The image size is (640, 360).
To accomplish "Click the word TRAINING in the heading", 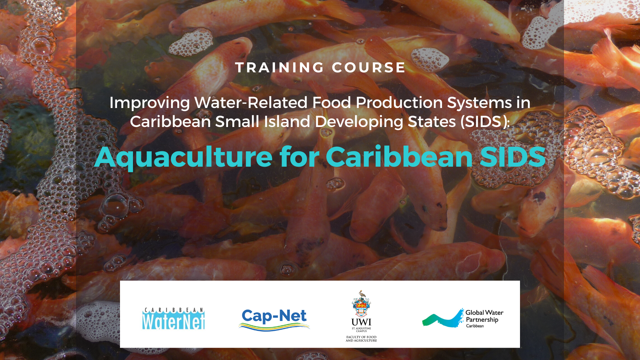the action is pyautogui.click(x=279, y=68).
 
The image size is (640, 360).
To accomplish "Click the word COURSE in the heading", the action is pyautogui.click(x=368, y=68).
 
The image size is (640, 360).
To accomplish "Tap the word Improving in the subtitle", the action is pyautogui.click(x=150, y=103).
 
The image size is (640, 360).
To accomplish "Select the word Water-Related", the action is pyautogui.click(x=251, y=102).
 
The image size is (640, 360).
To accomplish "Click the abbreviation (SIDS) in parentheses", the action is pyautogui.click(x=485, y=122).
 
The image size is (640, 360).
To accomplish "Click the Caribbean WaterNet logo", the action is pyautogui.click(x=173, y=319).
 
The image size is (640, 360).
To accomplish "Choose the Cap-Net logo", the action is pyautogui.click(x=274, y=319).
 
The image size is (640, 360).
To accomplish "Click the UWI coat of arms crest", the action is pyautogui.click(x=361, y=304).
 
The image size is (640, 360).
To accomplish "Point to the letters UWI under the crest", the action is pyautogui.click(x=361, y=322).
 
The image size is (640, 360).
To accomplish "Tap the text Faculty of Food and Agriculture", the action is pyautogui.click(x=361, y=339).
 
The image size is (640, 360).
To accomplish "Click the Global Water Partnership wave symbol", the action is pyautogui.click(x=443, y=318).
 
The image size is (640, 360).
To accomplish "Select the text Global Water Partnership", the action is pyautogui.click(x=484, y=316).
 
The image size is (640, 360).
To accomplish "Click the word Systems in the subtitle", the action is pyautogui.click(x=479, y=103).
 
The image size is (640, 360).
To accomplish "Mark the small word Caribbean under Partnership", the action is pyautogui.click(x=475, y=326).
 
